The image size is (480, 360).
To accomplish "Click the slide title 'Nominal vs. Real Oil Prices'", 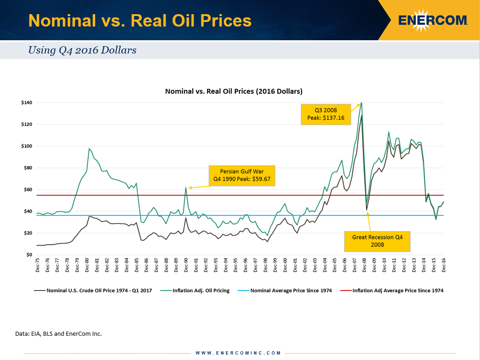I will [140, 21].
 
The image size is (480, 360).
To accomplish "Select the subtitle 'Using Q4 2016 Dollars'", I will [82, 50].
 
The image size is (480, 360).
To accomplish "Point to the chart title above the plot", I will [233, 91].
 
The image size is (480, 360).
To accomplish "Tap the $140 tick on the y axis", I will [27, 102].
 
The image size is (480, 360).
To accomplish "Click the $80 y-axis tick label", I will [27, 168].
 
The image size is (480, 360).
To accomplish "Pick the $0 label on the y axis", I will [29, 255].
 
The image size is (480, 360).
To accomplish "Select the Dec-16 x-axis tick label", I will [443, 266].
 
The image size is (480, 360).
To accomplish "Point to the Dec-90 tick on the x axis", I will [186, 266].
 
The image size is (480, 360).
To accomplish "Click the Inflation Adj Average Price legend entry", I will [393, 290].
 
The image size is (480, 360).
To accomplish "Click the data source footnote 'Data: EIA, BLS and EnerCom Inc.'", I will [59, 333].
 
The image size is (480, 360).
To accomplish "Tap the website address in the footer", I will [238, 353].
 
